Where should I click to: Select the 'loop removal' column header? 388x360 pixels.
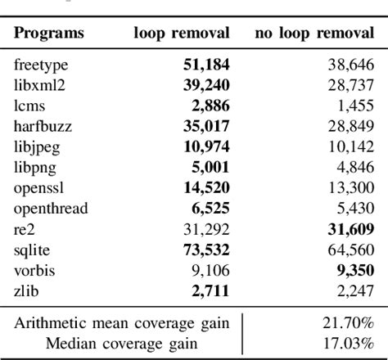point(182,34)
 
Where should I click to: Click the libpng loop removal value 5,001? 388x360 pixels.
point(210,167)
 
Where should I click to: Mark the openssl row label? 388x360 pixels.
point(39,188)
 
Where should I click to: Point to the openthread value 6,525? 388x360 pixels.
point(210,209)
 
